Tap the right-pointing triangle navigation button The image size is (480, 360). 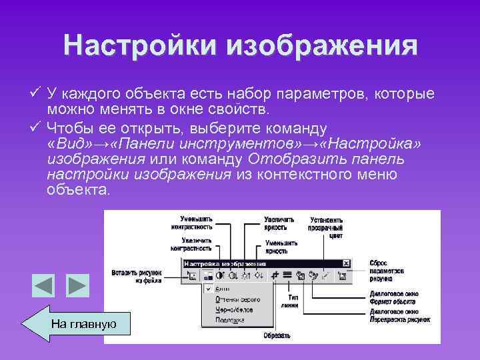tap(77, 286)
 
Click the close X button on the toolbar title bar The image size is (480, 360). tap(345, 263)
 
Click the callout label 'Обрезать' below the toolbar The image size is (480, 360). tap(276, 335)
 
